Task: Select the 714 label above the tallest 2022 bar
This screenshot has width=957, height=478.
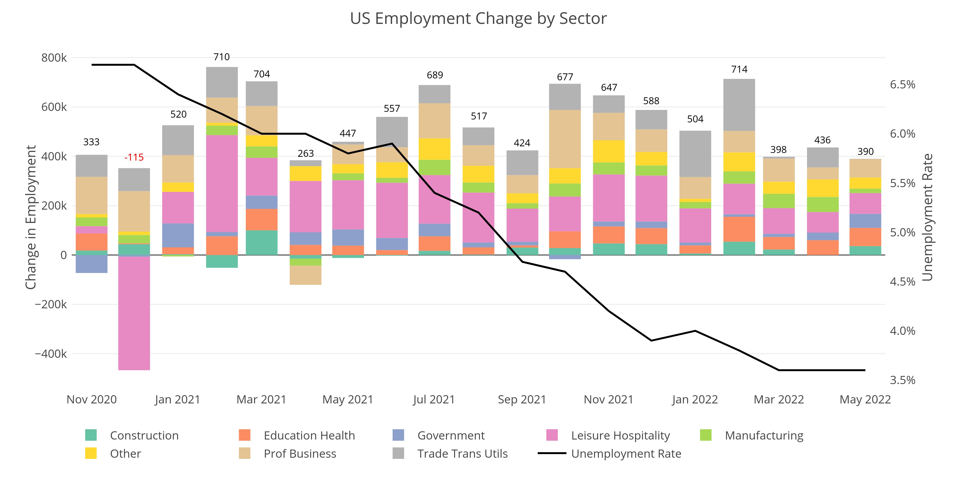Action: (739, 69)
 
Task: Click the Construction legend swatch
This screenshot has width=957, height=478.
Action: (91, 435)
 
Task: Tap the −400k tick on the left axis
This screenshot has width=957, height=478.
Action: (51, 354)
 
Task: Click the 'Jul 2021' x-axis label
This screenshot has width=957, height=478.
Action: (434, 399)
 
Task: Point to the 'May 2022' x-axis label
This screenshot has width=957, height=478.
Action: (865, 399)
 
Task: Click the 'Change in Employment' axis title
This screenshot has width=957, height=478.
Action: (31, 217)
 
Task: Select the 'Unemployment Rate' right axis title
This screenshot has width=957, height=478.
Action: (928, 217)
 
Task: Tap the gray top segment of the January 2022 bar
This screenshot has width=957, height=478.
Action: (695, 154)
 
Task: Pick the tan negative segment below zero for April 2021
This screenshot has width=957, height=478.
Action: (305, 275)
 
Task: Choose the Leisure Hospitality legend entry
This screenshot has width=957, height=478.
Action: (620, 435)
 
